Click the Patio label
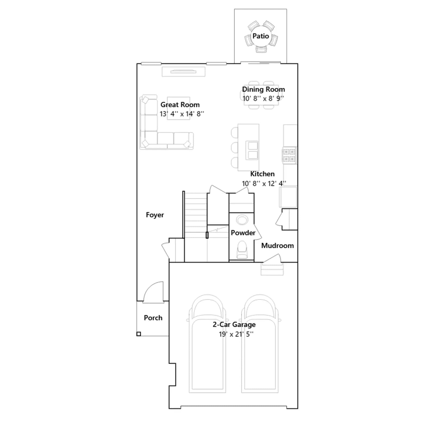(260, 36)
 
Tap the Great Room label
(180, 105)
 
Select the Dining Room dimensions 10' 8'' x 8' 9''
(263, 98)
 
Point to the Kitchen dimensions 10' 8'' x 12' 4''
(264, 184)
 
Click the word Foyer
(155, 215)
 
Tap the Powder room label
(243, 233)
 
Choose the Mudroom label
(278, 246)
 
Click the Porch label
(153, 318)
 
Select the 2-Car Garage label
(234, 325)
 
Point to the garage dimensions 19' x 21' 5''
(236, 334)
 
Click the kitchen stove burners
(289, 155)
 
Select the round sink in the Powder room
(242, 220)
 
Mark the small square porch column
(139, 334)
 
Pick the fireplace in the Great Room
(184, 72)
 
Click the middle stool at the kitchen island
(234, 148)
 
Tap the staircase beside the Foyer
(196, 215)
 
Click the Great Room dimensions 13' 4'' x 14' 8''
(182, 114)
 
